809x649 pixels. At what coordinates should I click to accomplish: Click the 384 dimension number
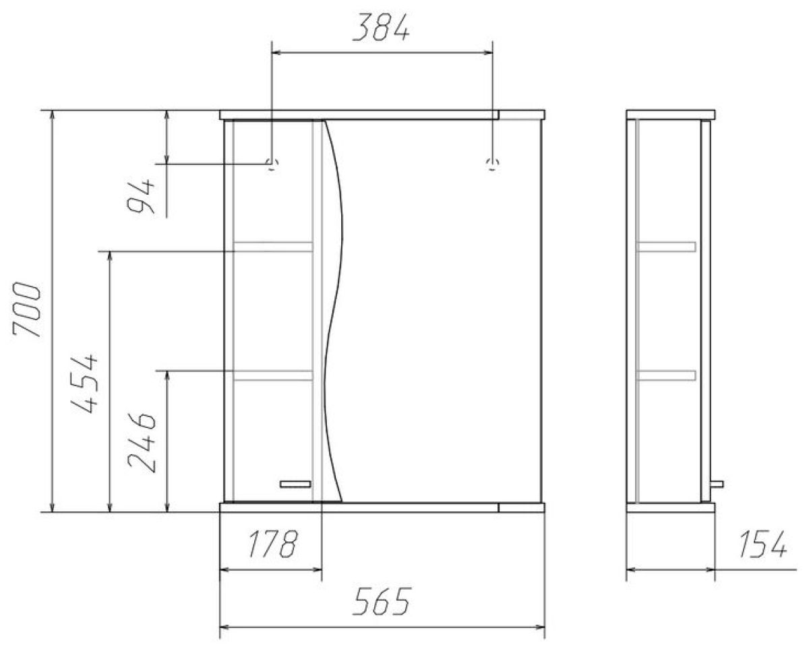tap(381, 27)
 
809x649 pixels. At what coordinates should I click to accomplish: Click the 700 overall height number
tap(26, 309)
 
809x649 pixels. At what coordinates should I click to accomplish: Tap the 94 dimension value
tap(141, 195)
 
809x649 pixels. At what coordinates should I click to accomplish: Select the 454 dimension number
tap(84, 383)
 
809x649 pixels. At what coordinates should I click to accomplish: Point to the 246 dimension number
tap(142, 442)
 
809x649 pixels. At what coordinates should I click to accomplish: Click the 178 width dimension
tap(272, 543)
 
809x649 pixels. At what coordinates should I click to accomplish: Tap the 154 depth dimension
tap(762, 543)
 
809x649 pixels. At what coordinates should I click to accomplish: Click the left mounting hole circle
tap(272, 164)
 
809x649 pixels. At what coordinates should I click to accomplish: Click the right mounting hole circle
tap(492, 164)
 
